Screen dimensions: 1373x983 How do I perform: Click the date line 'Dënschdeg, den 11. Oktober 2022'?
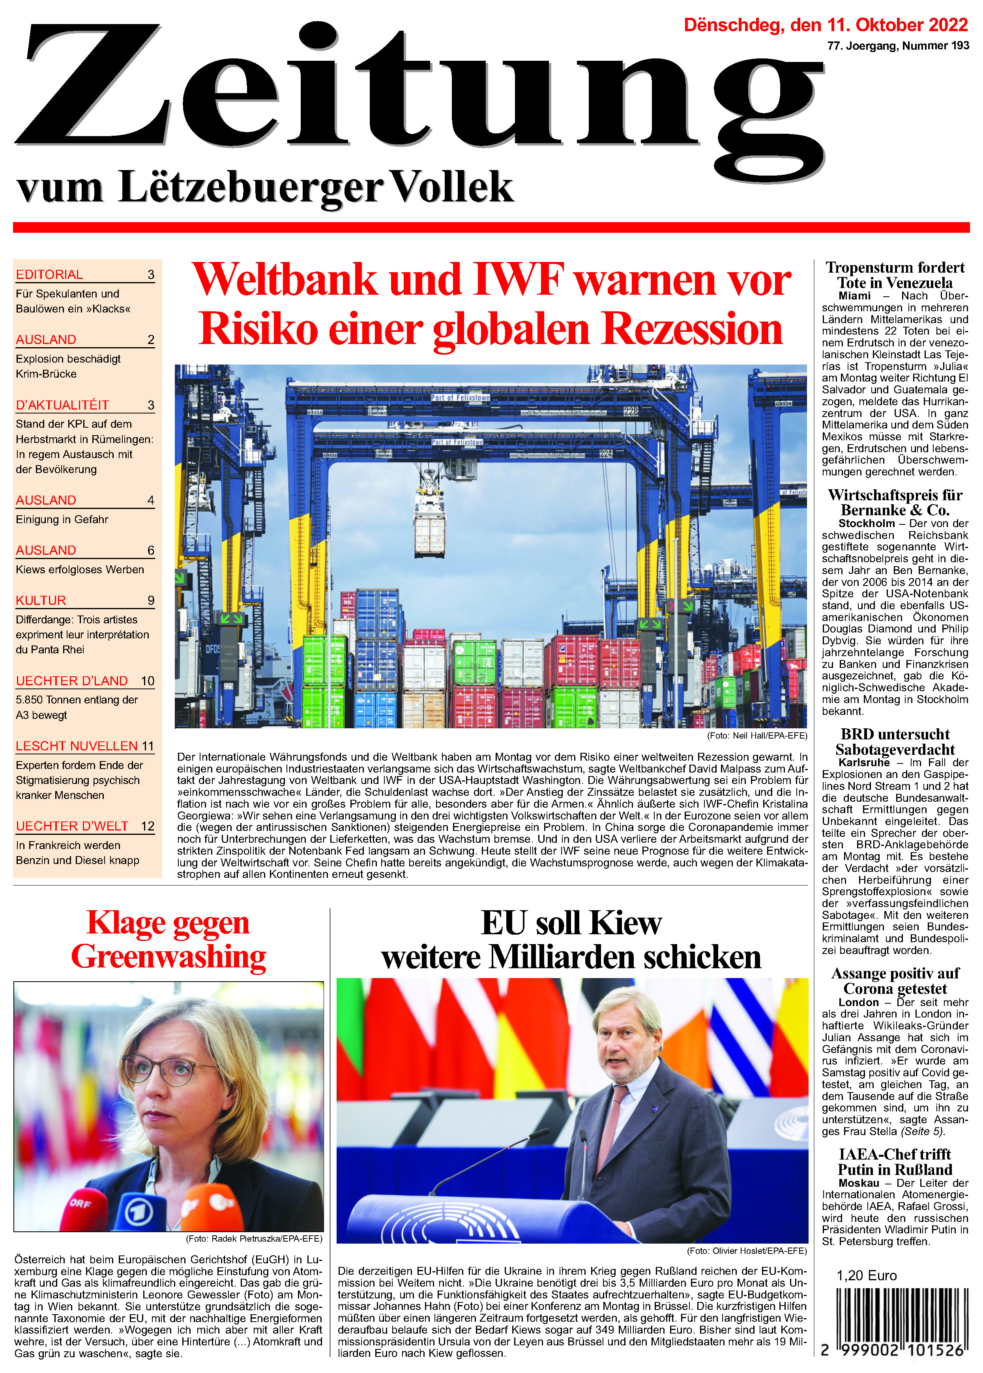tap(826, 25)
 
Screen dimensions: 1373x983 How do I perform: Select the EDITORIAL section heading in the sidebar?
tap(50, 275)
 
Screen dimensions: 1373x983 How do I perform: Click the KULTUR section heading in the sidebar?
tap(41, 600)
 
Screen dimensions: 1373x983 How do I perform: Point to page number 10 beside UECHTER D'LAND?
tap(148, 681)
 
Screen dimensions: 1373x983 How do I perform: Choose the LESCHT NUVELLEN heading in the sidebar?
tap(77, 746)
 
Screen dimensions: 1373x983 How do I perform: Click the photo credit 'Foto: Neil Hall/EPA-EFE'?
tap(756, 736)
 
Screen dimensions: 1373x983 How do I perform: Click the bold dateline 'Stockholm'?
tap(866, 524)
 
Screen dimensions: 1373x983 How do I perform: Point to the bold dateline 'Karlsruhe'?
tap(864, 762)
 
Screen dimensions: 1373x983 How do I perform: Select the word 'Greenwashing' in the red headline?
tap(168, 957)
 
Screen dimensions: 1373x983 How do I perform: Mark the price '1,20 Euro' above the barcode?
tap(866, 1276)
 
